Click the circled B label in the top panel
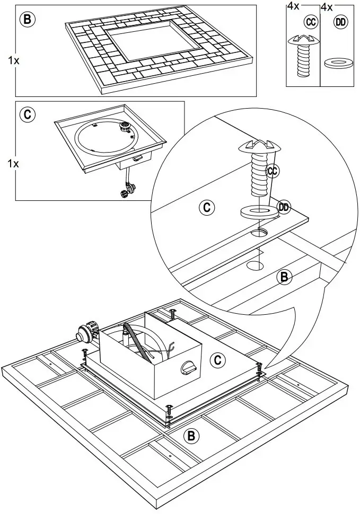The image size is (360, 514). pyautogui.click(x=27, y=20)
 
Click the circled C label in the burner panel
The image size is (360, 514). pyautogui.click(x=27, y=114)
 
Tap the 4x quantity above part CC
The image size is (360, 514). pyautogui.click(x=293, y=7)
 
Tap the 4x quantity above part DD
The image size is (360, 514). pyautogui.click(x=327, y=7)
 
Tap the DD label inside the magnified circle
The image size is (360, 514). pyautogui.click(x=284, y=207)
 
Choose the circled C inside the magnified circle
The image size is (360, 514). pyautogui.click(x=206, y=207)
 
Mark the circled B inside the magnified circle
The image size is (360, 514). pyautogui.click(x=285, y=276)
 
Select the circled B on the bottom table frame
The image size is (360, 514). pyautogui.click(x=191, y=436)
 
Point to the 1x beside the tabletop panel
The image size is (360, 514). pyautogui.click(x=14, y=61)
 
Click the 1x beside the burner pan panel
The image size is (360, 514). pyautogui.click(x=14, y=163)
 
